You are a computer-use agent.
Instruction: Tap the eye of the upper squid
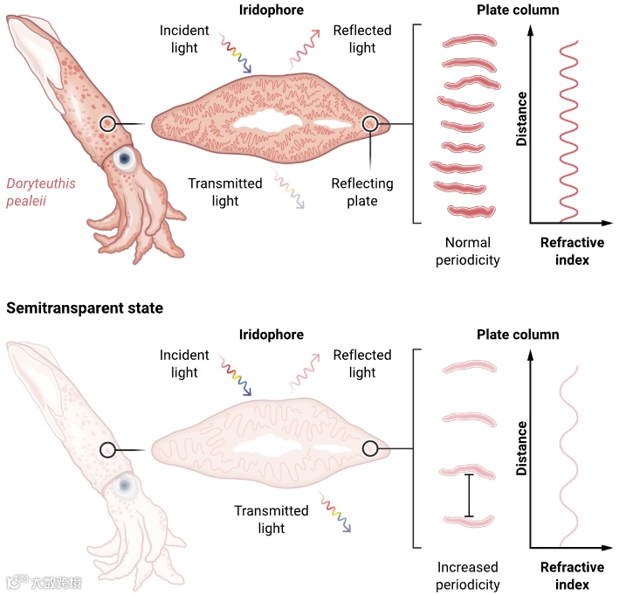tap(126, 159)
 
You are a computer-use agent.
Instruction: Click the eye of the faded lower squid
tap(125, 485)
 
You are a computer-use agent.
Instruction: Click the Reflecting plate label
tap(361, 192)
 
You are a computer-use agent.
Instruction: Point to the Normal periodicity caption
tap(468, 251)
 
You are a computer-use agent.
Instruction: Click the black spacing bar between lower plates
tap(469, 495)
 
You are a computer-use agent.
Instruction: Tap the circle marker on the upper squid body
tap(107, 124)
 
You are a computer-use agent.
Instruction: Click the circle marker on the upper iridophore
tap(371, 124)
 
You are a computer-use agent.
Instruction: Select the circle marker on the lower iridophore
tap(369, 449)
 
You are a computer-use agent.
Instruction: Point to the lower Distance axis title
tap(521, 447)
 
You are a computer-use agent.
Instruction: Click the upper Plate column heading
tap(518, 10)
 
